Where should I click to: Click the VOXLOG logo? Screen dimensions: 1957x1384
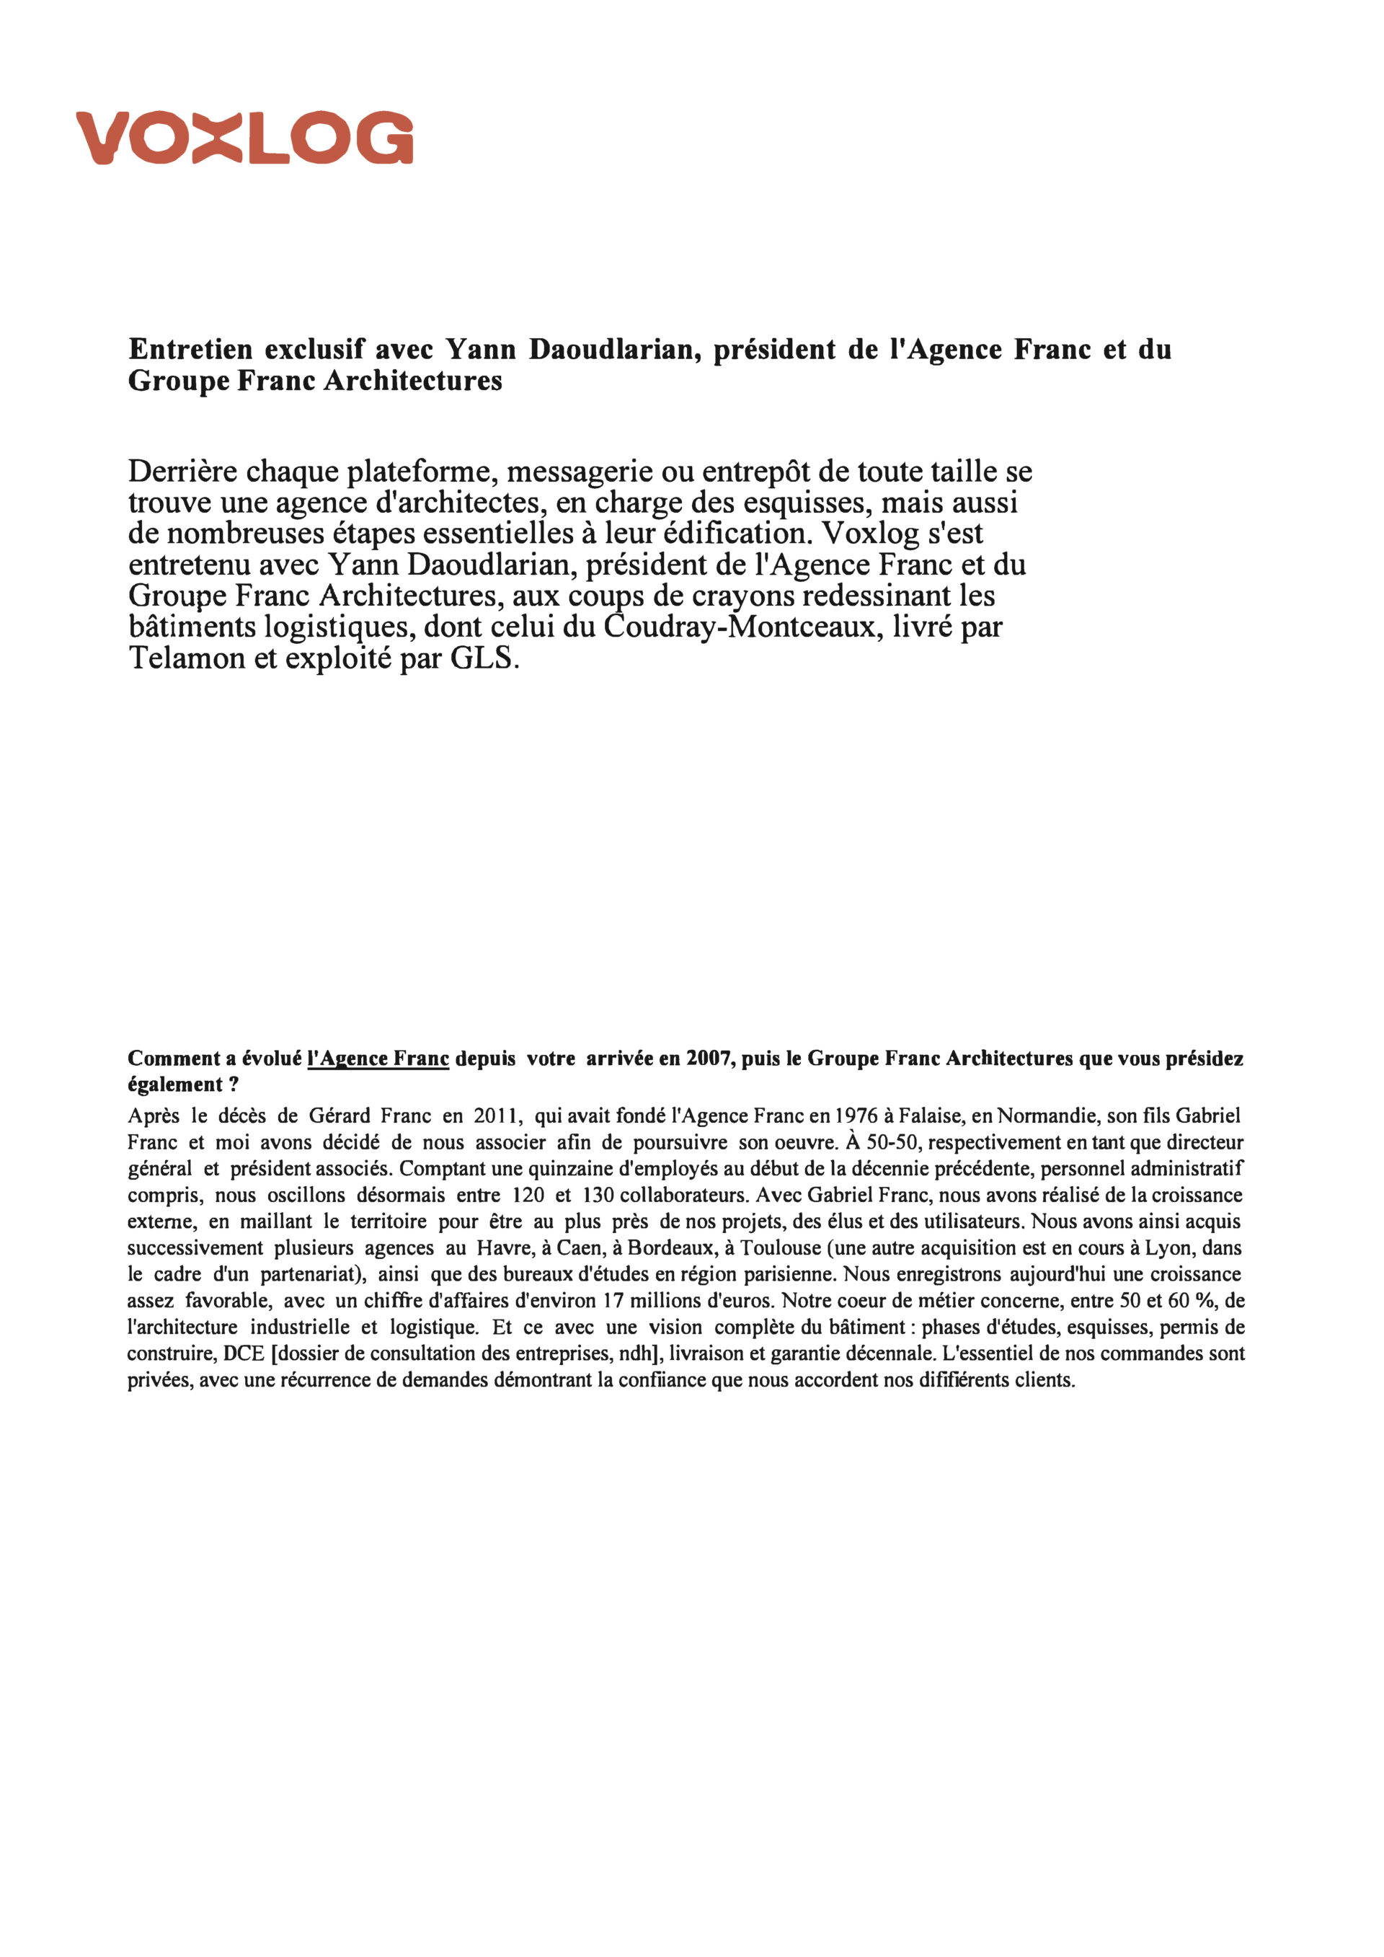(244, 137)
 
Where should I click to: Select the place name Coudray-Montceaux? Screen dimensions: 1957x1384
(743, 627)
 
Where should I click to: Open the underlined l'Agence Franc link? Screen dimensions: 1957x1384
(378, 1059)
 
